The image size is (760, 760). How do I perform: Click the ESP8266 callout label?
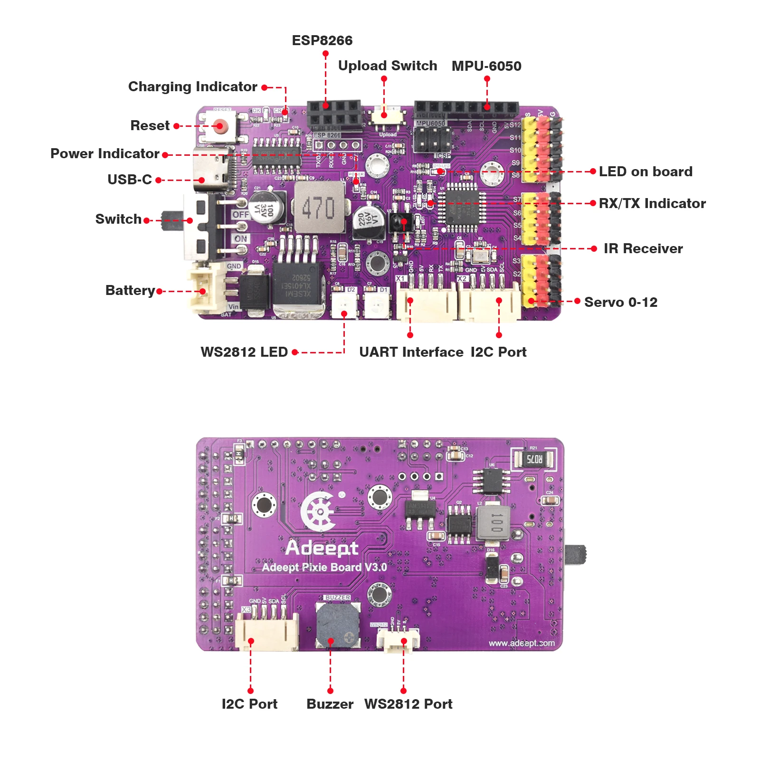(x=322, y=40)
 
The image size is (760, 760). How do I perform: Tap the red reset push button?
(x=219, y=126)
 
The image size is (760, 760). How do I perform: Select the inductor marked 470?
(x=319, y=208)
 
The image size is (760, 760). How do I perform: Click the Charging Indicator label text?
(x=192, y=86)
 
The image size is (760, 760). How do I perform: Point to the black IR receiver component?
(x=400, y=222)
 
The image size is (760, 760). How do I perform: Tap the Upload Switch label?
(x=387, y=66)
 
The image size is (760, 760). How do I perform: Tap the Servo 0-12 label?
(x=620, y=302)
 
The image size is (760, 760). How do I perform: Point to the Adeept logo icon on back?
(x=319, y=511)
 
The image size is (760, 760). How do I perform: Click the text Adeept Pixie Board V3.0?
(x=324, y=567)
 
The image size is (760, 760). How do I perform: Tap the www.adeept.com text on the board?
(x=521, y=643)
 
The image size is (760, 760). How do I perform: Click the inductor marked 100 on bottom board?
(x=494, y=522)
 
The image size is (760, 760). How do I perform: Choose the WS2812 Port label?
(x=408, y=703)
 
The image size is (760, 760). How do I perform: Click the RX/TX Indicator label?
(x=652, y=203)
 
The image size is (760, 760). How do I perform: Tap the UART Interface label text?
(x=411, y=352)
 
